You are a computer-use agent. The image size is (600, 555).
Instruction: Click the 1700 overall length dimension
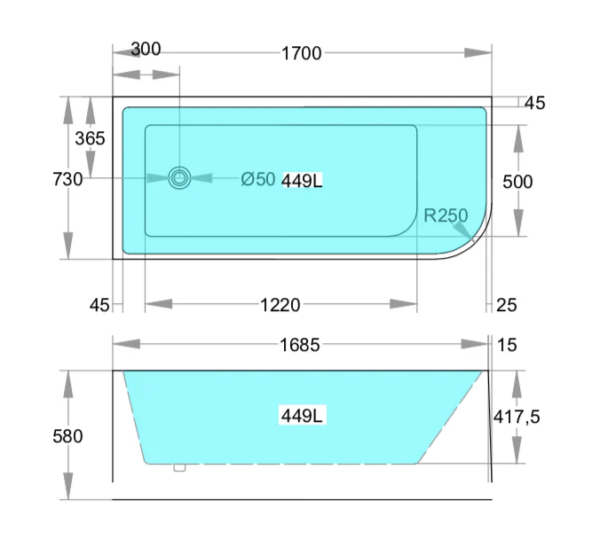coord(301,53)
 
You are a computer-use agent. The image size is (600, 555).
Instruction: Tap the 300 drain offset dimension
coord(146,49)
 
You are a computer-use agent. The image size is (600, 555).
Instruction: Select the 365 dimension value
coord(90,138)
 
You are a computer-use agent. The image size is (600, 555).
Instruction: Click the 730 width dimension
coord(68,179)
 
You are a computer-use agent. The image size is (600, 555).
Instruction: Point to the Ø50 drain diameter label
coord(258,180)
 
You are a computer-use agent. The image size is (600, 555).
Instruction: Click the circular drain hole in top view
coord(180,177)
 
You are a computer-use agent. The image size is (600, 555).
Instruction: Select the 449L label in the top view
coord(302,181)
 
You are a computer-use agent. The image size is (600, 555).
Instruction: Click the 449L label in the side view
coord(302,415)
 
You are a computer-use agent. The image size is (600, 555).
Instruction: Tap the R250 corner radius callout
coord(446,215)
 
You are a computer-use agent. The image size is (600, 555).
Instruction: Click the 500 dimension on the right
coord(517,182)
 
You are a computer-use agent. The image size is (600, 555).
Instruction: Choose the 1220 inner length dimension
coord(280,305)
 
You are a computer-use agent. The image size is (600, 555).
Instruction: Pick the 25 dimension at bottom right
coord(506,305)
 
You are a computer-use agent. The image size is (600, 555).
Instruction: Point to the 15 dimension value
coord(507,345)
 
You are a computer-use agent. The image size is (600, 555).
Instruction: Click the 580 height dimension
coord(68,436)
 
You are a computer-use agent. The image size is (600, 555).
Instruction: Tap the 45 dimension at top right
coord(534,103)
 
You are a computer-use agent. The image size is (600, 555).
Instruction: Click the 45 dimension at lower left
coord(100,305)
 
